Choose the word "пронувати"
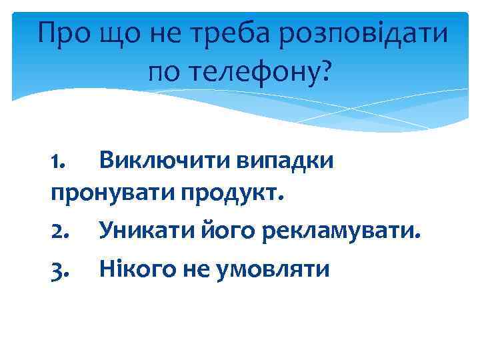tap(111, 196)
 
